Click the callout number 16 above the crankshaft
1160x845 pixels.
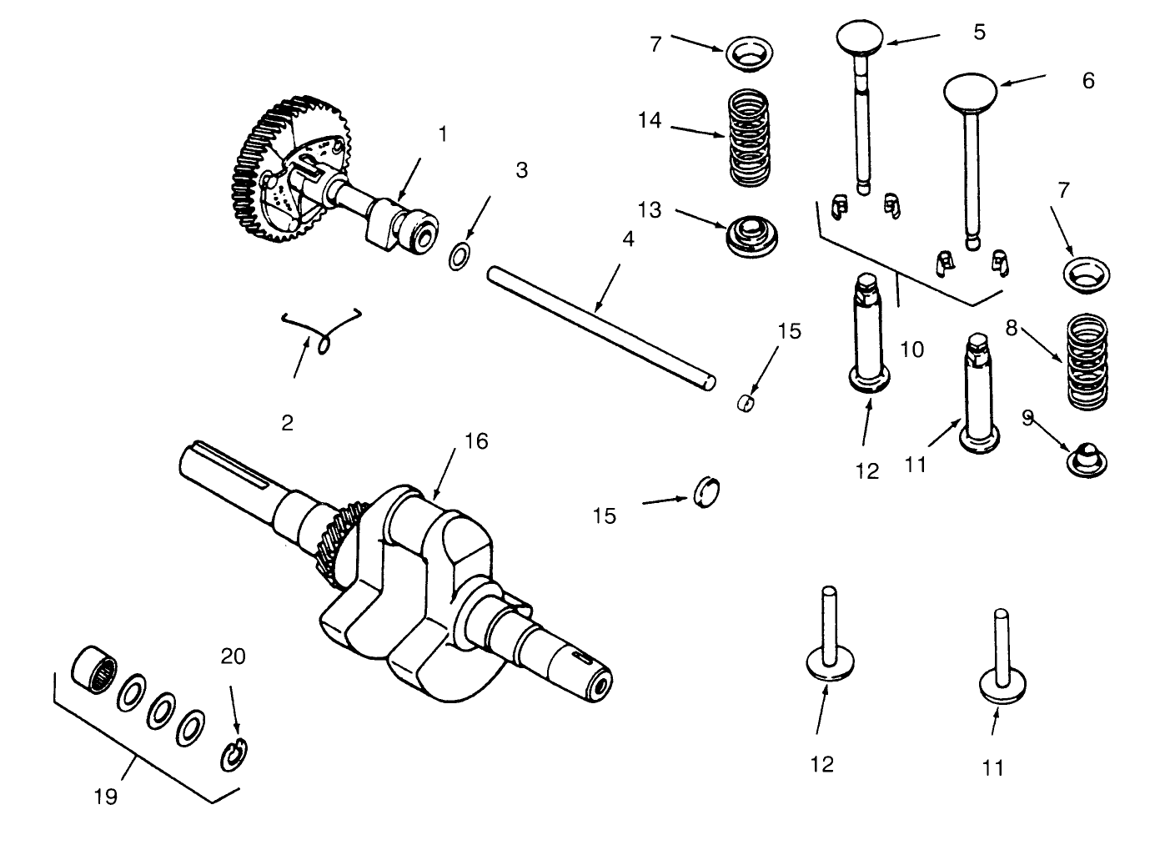[475, 440]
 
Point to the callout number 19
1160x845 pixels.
[105, 796]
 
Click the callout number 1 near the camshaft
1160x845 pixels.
[443, 133]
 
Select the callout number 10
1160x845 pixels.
[912, 349]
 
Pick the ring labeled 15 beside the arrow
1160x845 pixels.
[706, 492]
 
